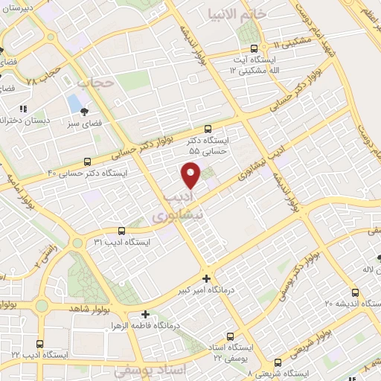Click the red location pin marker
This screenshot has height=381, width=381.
(x=191, y=174)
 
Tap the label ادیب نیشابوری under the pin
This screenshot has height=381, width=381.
(x=176, y=205)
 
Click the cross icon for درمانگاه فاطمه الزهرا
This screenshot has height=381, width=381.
(x=145, y=315)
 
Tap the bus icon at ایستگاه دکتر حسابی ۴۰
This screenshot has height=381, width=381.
(x=88, y=161)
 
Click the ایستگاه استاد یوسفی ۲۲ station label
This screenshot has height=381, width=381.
(x=230, y=353)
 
